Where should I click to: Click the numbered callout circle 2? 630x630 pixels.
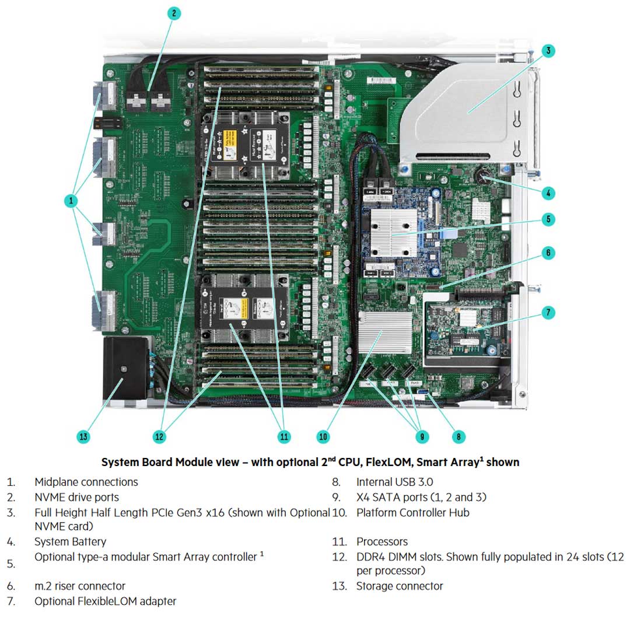(x=173, y=13)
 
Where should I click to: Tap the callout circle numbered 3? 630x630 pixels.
(x=548, y=50)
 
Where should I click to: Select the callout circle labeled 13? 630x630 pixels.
(x=83, y=436)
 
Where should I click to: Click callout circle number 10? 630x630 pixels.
(x=323, y=436)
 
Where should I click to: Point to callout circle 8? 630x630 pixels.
(x=459, y=436)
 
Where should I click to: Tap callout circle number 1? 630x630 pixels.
(x=71, y=201)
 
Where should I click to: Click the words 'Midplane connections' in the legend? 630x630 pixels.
(x=86, y=482)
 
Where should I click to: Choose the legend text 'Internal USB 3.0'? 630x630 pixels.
(x=395, y=482)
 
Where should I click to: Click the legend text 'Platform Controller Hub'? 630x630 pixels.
(x=413, y=513)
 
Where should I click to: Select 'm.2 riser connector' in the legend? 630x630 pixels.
(x=80, y=586)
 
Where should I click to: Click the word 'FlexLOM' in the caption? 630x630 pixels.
(x=372, y=462)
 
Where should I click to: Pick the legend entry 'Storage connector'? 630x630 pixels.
(x=400, y=586)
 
